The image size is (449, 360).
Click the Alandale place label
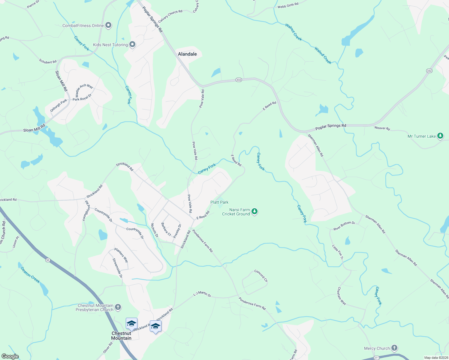pos(187,54)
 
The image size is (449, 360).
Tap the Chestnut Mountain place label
pos(121,336)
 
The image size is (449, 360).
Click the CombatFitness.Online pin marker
pos(109,25)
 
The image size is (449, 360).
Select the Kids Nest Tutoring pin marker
pos(132,45)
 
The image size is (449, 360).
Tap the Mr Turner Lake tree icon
pos(440,136)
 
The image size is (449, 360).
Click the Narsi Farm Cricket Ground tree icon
pos(255,211)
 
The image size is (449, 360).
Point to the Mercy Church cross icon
pos(394,348)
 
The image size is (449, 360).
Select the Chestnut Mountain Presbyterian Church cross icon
pos(118,307)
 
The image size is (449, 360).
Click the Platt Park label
pos(219,202)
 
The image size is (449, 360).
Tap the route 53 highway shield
pos(48,260)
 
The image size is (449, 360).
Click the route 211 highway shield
pos(376,358)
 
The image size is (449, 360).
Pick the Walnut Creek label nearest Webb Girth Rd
pos(294,32)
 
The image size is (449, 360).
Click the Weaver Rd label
pos(382,128)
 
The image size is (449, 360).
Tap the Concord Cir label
pos(261,276)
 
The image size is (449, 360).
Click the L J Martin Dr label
pos(202,294)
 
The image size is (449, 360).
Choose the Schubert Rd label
pos(48,61)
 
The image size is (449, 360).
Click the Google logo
pos(10,356)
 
